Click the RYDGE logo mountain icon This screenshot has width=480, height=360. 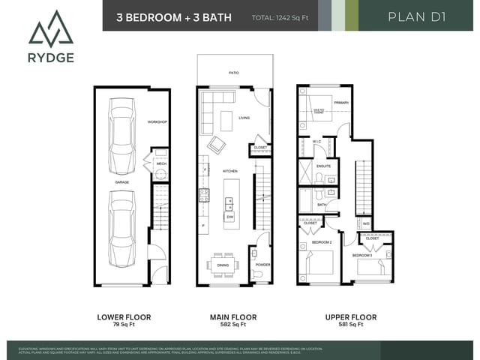click(52, 28)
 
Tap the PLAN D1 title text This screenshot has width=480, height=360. click(417, 16)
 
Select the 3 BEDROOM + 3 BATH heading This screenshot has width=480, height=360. click(174, 16)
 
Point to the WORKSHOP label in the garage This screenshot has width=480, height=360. click(157, 121)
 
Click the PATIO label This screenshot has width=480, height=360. click(234, 73)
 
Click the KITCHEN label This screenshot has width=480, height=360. click(230, 172)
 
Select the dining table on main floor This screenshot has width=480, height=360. click(223, 264)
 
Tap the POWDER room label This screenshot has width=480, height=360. click(262, 265)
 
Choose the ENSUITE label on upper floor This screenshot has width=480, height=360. click(323, 166)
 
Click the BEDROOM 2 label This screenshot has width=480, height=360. click(321, 243)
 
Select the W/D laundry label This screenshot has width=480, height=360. click(366, 223)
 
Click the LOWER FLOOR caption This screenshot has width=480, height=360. click(124, 317)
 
